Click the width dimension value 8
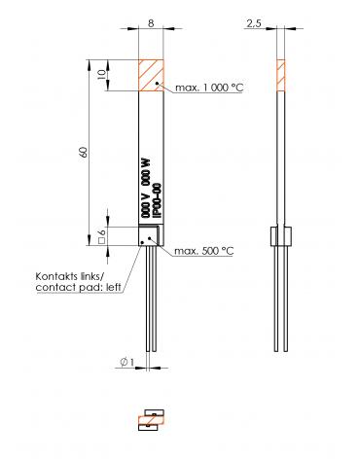click(x=151, y=23)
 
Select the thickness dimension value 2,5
click(x=254, y=23)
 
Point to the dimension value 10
click(x=102, y=74)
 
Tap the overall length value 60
click(x=84, y=152)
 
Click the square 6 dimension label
click(x=102, y=237)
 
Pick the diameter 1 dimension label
click(x=126, y=363)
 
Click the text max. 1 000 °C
click(x=209, y=88)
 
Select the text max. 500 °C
click(x=204, y=251)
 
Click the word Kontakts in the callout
click(x=56, y=276)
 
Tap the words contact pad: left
click(x=78, y=287)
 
